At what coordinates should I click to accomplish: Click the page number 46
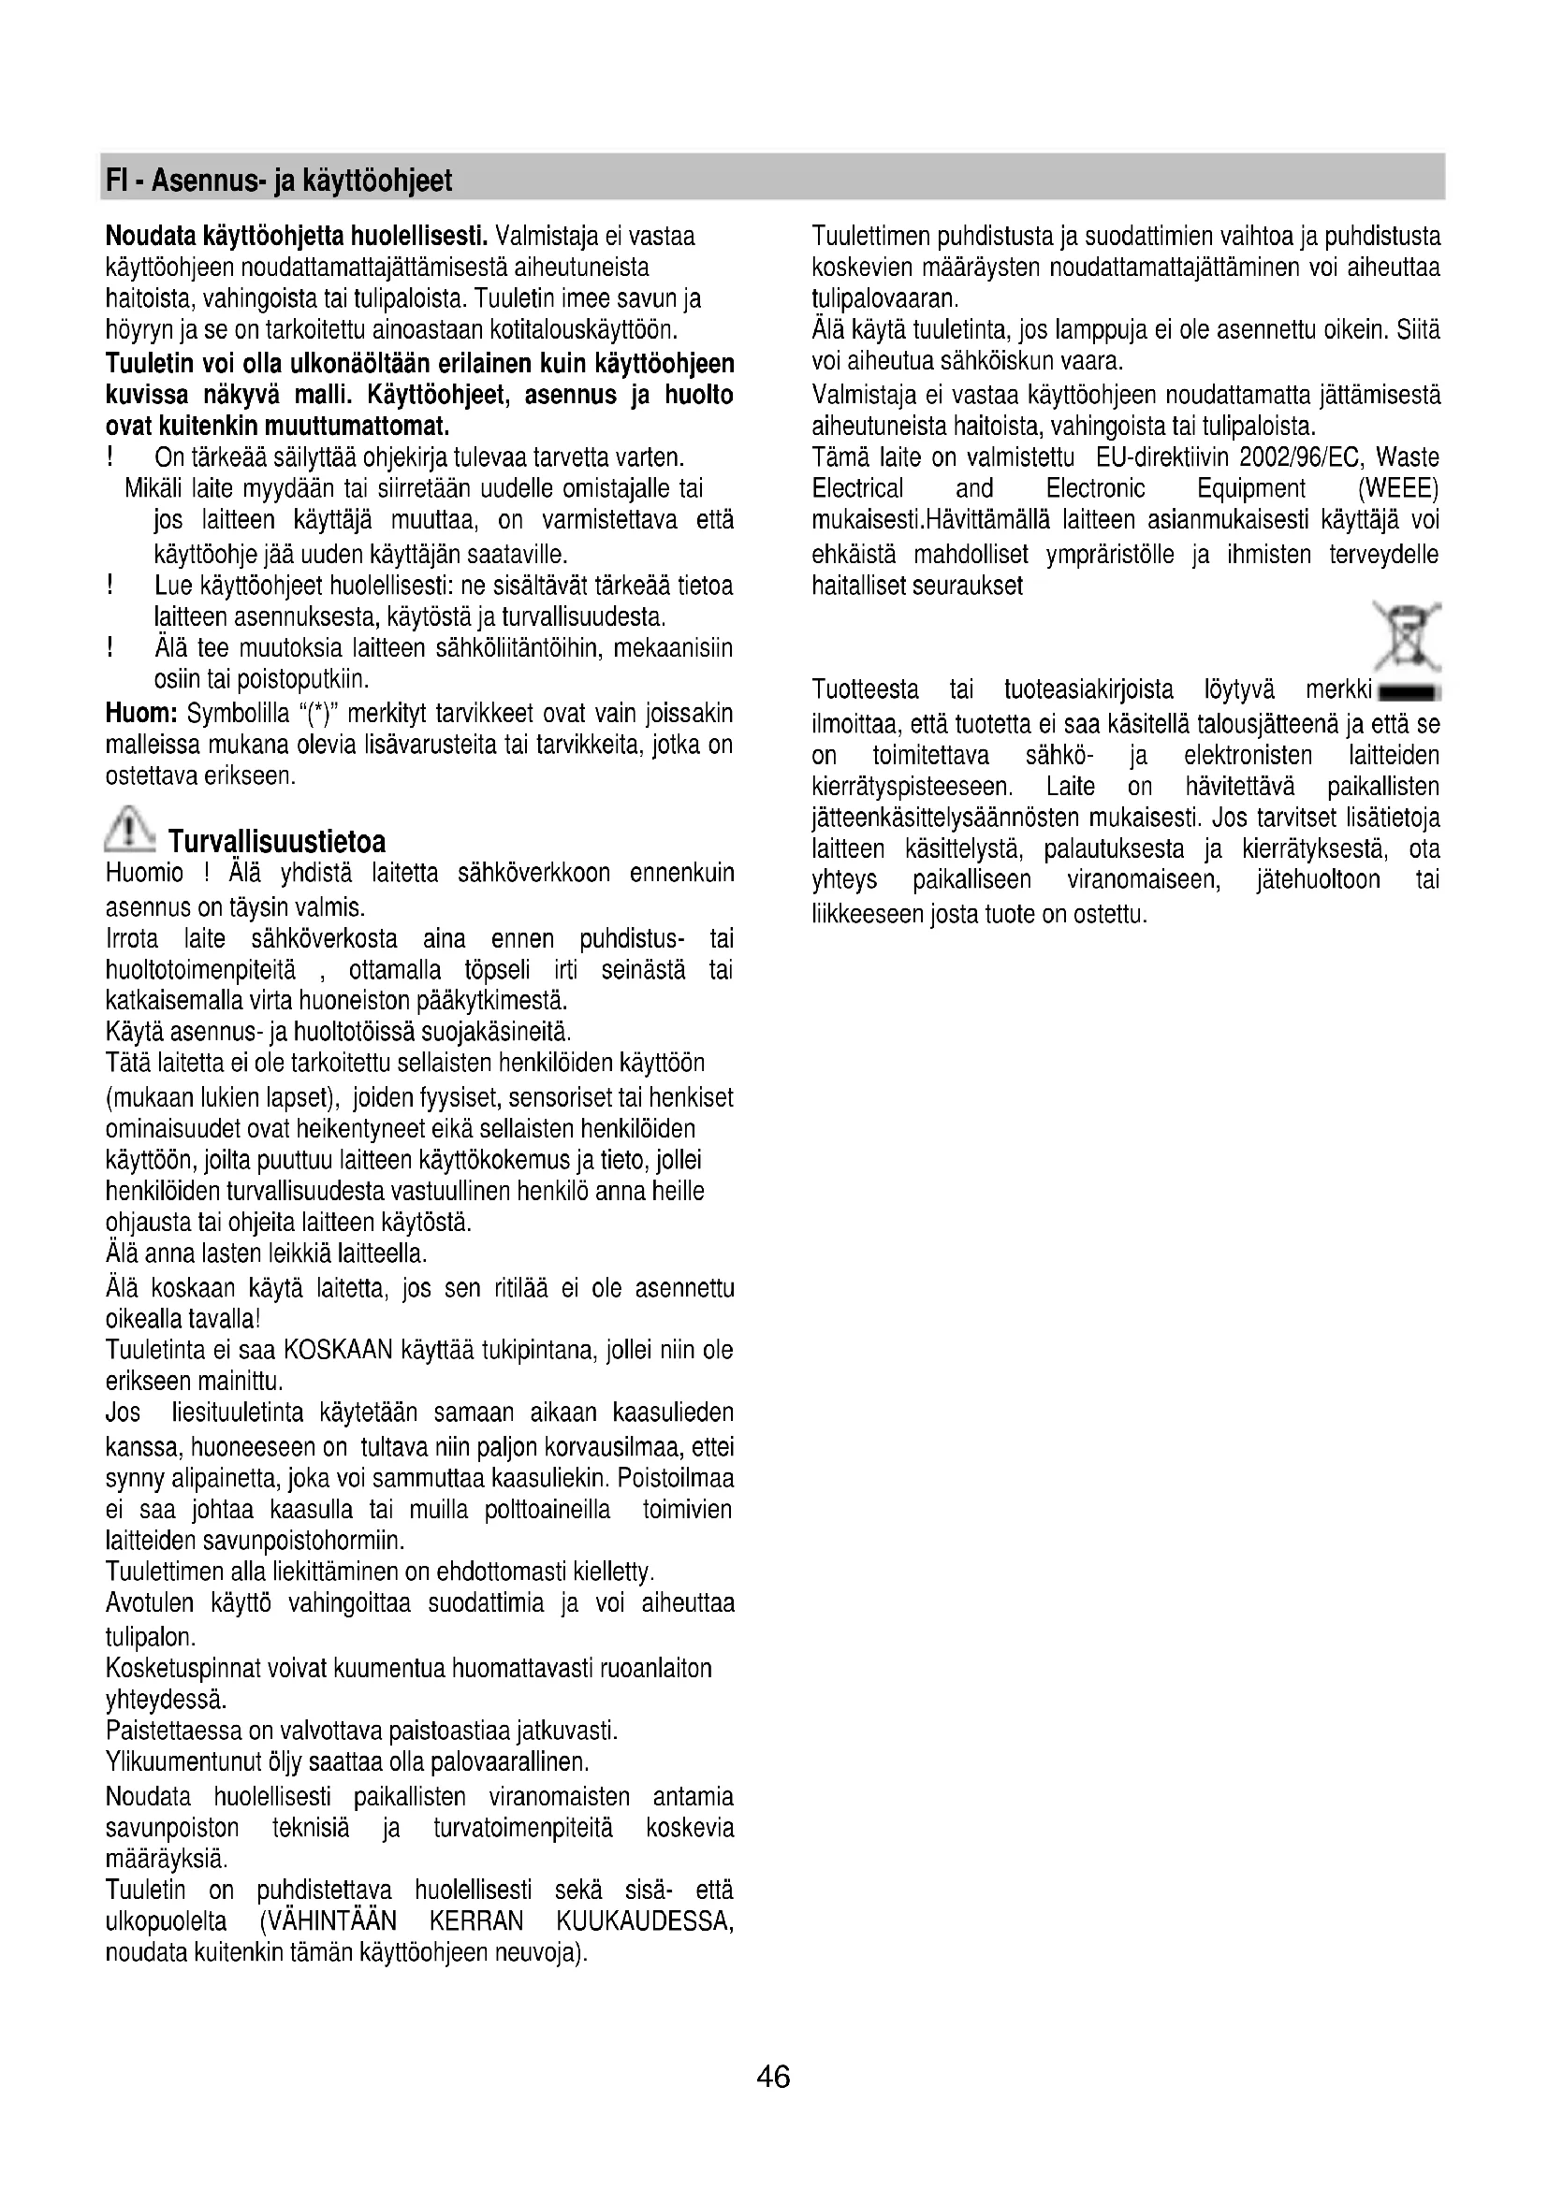tap(773, 2076)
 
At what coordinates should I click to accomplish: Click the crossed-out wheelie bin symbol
tap(1407, 635)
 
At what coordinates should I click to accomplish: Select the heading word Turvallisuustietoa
tap(276, 843)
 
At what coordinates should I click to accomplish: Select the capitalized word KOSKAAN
tap(341, 1351)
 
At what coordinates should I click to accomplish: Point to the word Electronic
tap(1095, 489)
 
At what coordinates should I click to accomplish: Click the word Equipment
tap(1250, 489)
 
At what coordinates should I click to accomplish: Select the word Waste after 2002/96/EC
tap(1408, 457)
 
